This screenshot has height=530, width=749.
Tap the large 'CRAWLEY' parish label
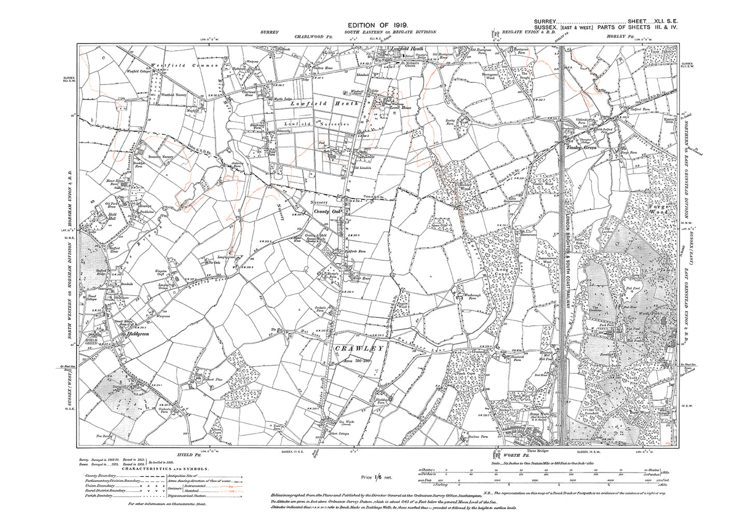(x=360, y=348)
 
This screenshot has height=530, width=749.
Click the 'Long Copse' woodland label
(x=502, y=272)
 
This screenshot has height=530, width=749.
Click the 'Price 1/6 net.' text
(x=375, y=476)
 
